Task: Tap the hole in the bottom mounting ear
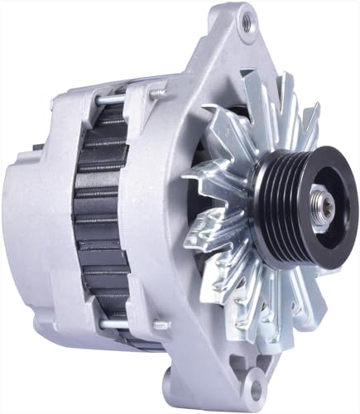257,388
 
